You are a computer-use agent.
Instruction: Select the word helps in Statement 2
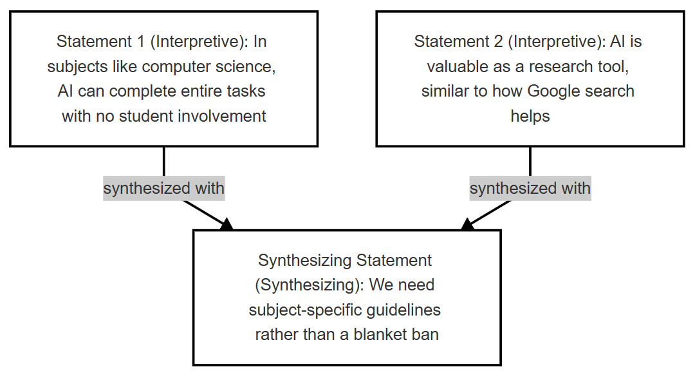point(530,116)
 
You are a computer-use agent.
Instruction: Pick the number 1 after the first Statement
point(141,42)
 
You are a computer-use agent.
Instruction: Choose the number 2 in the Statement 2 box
point(498,42)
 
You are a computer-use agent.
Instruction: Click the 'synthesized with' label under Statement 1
point(164,188)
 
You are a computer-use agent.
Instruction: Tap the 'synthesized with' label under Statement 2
point(530,188)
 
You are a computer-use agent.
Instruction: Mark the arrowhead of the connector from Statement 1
point(227,225)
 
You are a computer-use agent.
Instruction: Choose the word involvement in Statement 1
point(221,117)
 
